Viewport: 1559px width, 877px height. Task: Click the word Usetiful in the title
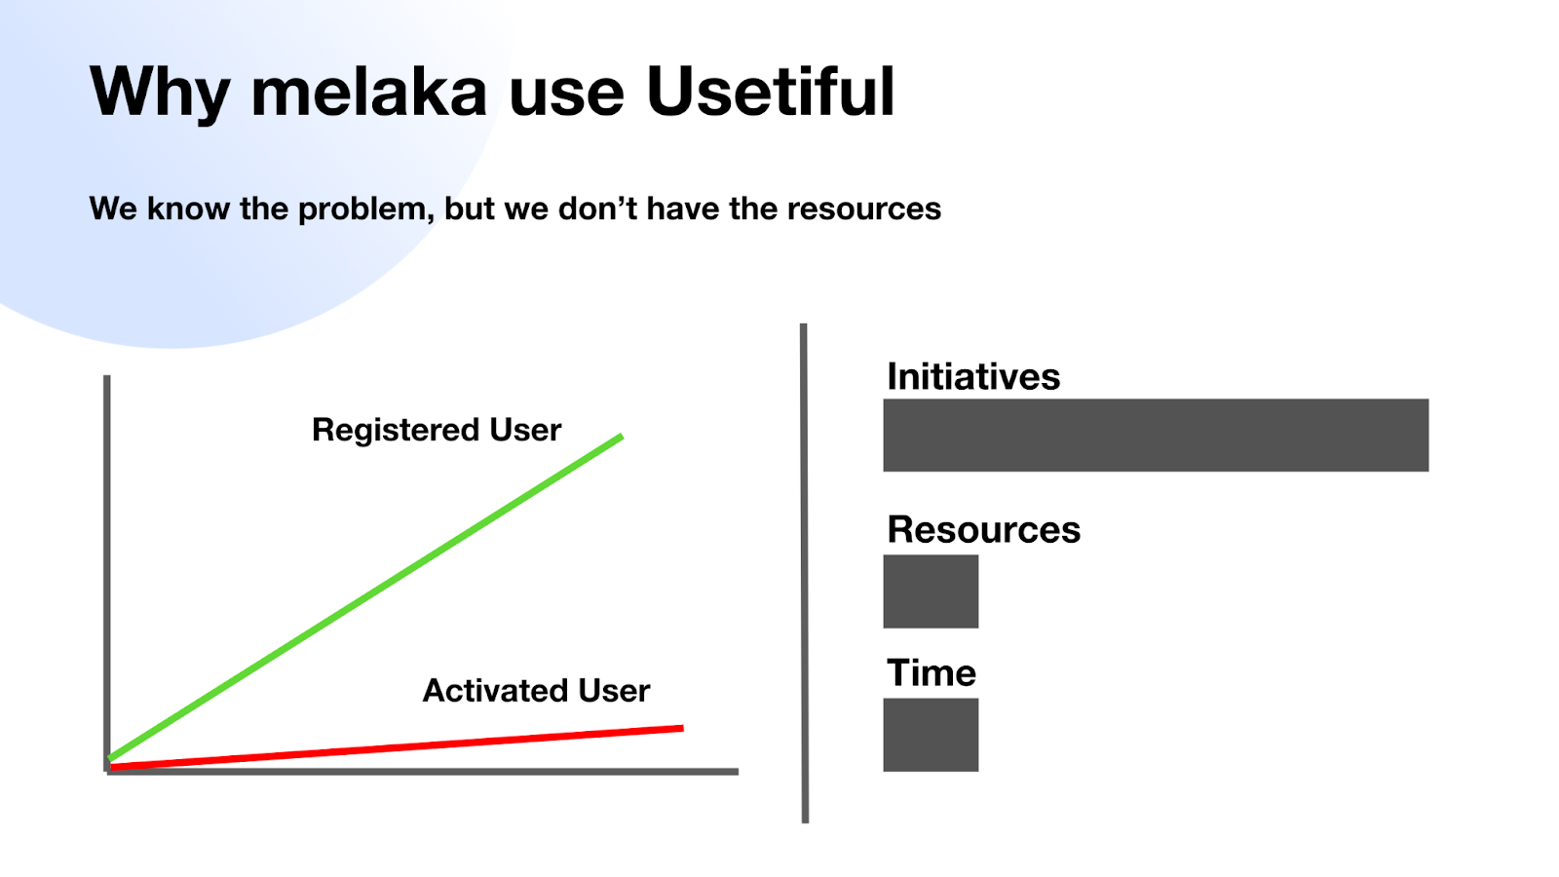coord(771,92)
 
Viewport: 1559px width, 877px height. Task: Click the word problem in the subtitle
coord(366,210)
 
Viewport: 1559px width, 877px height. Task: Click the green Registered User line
coord(365,597)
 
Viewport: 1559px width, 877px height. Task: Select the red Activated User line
coord(397,747)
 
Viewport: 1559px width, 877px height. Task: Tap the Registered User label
coord(437,430)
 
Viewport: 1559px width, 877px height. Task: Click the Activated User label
coord(536,691)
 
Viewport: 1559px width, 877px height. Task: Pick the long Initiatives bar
coord(1156,435)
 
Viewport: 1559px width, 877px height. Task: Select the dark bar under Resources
coord(931,591)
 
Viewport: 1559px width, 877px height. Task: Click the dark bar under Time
coord(931,735)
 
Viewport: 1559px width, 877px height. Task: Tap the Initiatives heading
coord(973,377)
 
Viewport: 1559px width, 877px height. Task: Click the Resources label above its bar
coord(983,530)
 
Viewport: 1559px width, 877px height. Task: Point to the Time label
coord(932,673)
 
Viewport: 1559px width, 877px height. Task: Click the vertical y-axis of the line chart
coord(106,574)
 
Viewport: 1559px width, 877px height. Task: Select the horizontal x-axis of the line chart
coord(422,771)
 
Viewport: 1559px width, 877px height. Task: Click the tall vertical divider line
coord(804,574)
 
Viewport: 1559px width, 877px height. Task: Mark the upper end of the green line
coord(622,437)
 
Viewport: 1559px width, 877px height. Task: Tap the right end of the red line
coord(683,728)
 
